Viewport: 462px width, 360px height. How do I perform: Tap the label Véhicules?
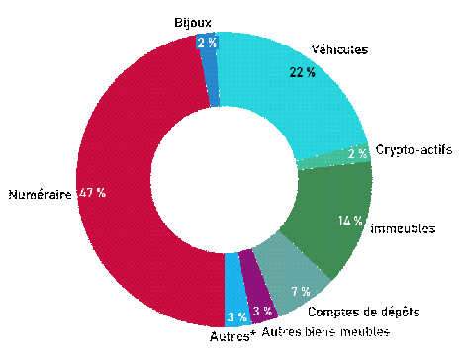point(340,48)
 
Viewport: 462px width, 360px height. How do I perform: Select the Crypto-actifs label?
point(414,149)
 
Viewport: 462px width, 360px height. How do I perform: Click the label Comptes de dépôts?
point(362,312)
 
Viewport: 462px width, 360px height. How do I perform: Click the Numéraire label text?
point(40,195)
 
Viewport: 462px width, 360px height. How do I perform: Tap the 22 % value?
point(302,72)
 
